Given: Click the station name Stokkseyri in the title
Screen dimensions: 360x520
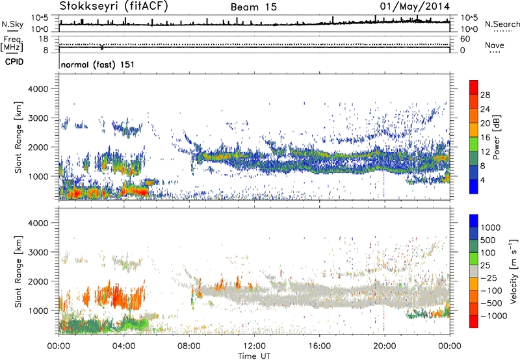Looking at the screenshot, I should pos(86,6).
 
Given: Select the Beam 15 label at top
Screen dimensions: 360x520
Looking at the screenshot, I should pos(251,7).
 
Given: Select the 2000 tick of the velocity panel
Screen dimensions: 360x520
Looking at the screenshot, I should pos(45,281).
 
